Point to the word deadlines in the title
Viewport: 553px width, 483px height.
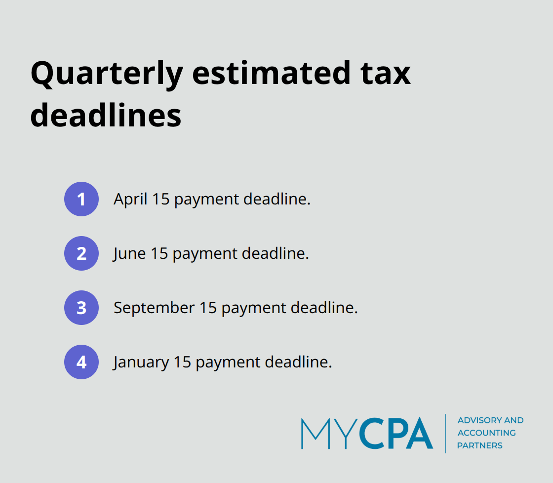click(x=106, y=116)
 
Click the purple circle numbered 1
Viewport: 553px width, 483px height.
click(x=81, y=199)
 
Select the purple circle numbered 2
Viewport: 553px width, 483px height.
click(x=81, y=253)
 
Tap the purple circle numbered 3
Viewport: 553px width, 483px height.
click(x=81, y=308)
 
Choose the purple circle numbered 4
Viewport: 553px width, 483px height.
click(x=81, y=362)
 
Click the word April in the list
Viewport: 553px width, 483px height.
click(x=130, y=199)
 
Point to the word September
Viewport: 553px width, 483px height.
click(x=154, y=308)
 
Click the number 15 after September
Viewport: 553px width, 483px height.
click(x=208, y=308)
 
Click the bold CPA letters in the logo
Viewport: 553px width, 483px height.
click(x=396, y=434)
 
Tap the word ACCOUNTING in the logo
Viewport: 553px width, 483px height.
click(x=486, y=433)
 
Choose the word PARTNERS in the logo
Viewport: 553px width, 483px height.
click(x=479, y=445)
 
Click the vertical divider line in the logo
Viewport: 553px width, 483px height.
click(x=445, y=433)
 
